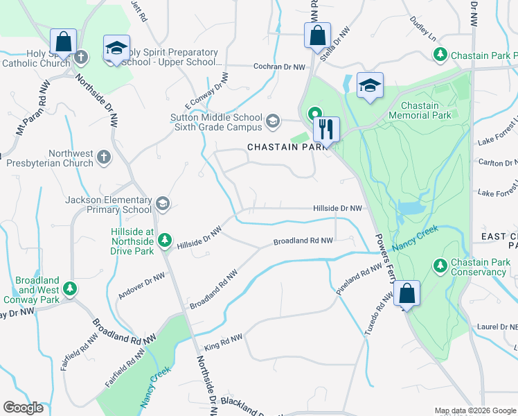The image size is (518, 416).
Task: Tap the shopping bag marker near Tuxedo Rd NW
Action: coord(408,294)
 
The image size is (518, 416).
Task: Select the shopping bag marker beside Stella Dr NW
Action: coord(317,35)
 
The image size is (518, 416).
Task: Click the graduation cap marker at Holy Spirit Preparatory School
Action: coord(116,49)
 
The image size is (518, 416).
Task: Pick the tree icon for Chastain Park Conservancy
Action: coord(440,266)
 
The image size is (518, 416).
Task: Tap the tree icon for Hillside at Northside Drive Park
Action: coord(164,241)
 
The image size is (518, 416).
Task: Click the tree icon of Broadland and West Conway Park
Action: coord(69,288)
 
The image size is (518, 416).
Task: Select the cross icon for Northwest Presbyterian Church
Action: coord(104,157)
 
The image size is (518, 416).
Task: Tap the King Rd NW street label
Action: coord(223,343)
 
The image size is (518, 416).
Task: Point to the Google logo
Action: coord(23,408)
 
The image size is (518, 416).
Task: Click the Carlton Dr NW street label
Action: coord(497,162)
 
